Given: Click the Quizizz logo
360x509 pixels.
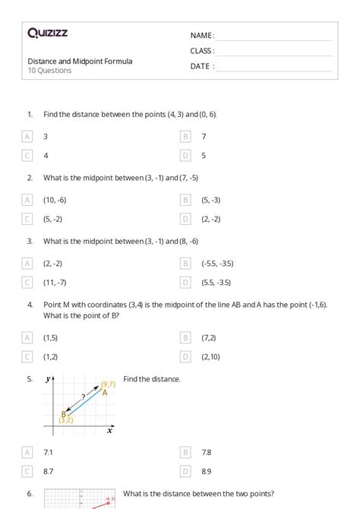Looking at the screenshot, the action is click(48, 33).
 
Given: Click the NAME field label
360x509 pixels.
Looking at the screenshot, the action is click(202, 36).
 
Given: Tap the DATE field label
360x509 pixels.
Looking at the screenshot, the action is click(201, 66).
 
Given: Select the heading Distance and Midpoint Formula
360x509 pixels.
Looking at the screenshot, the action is click(80, 61).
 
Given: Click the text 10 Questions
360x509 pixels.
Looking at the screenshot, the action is click(50, 71).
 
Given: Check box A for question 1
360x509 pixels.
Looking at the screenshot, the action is click(28, 137).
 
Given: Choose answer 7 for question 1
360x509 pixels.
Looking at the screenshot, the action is click(204, 137).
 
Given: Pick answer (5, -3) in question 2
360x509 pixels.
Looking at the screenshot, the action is click(210, 201).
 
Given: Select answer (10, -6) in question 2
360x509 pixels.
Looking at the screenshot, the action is click(55, 201).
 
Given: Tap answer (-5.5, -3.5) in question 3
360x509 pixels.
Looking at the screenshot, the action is click(217, 264).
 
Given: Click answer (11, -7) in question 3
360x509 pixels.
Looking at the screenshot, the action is click(55, 282).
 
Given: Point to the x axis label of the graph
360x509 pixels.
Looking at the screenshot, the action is click(110, 430).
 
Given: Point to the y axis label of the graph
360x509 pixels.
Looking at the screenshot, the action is click(49, 379).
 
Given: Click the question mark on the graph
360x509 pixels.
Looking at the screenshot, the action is click(83, 396).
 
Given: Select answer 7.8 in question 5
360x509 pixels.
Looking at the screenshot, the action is click(206, 453).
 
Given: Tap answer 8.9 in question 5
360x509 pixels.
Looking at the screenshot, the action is click(206, 472).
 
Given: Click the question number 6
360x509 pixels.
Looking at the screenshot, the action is click(30, 494).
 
